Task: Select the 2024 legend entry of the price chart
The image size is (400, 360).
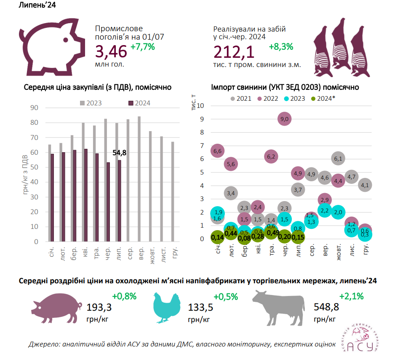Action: (139, 103)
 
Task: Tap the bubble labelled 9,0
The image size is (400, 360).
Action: (284, 120)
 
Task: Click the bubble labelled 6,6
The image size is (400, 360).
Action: (218, 150)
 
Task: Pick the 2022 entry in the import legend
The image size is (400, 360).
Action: (270, 99)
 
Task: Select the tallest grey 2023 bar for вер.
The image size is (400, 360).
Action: (139, 179)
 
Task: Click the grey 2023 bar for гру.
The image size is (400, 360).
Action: (172, 192)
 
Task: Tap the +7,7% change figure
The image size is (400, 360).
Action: (143, 47)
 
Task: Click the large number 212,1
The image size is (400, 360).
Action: (234, 52)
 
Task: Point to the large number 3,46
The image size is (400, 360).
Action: (111, 52)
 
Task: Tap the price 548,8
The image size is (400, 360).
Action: (326, 306)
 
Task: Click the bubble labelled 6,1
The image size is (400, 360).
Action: (338, 159)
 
